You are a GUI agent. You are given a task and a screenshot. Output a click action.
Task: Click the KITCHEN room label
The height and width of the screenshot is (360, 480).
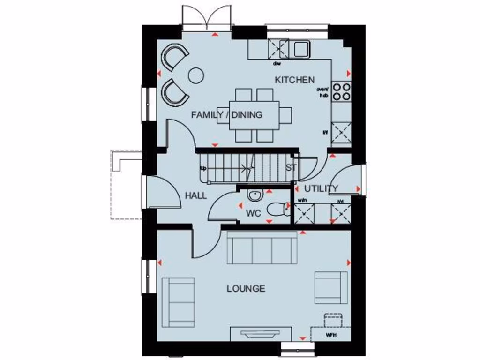pos(294,80)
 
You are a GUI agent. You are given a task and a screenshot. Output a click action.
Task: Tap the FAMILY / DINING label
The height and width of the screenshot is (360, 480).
pos(227,115)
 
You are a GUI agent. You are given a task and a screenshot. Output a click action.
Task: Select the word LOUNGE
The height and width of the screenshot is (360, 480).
pos(246,289)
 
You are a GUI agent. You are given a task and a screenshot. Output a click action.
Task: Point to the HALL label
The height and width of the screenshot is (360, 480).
pos(195,196)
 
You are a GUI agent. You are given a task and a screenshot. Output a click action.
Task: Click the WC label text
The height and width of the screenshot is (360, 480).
pos(254,214)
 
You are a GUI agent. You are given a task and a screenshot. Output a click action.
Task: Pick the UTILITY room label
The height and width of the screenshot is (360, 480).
pos(321,189)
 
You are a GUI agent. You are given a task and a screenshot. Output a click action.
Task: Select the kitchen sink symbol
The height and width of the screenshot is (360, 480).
pos(300,48)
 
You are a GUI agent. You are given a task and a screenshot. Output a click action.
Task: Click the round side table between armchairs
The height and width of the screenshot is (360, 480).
pos(196,75)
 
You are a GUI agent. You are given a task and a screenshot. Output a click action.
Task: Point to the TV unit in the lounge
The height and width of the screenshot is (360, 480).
pos(259,335)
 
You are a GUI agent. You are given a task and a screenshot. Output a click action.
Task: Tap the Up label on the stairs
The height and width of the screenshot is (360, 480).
pos(203,168)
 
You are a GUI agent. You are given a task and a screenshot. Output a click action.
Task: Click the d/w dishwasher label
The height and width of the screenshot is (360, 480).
pos(277,64)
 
